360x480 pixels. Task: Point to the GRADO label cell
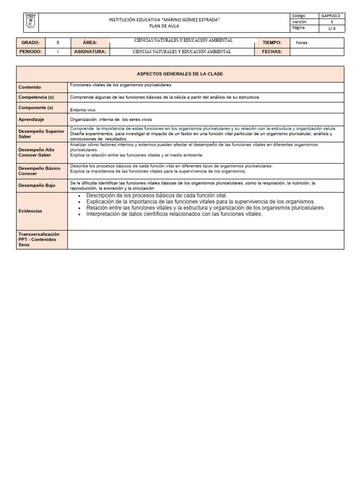pos(30,42)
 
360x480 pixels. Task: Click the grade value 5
pos(58,42)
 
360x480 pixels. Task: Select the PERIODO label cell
pos(30,52)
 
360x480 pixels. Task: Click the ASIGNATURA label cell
pos(90,52)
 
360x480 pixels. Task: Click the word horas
pos(302,42)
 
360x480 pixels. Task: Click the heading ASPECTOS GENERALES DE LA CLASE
pos(180,74)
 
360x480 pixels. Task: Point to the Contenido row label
pos(30,87)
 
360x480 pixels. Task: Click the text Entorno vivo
pos(82,110)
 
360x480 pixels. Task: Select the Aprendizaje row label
pos(31,120)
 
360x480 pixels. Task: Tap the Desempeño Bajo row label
pos(37,185)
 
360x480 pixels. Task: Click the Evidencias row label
pos(30,211)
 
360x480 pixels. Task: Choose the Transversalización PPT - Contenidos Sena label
pos(37,239)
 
